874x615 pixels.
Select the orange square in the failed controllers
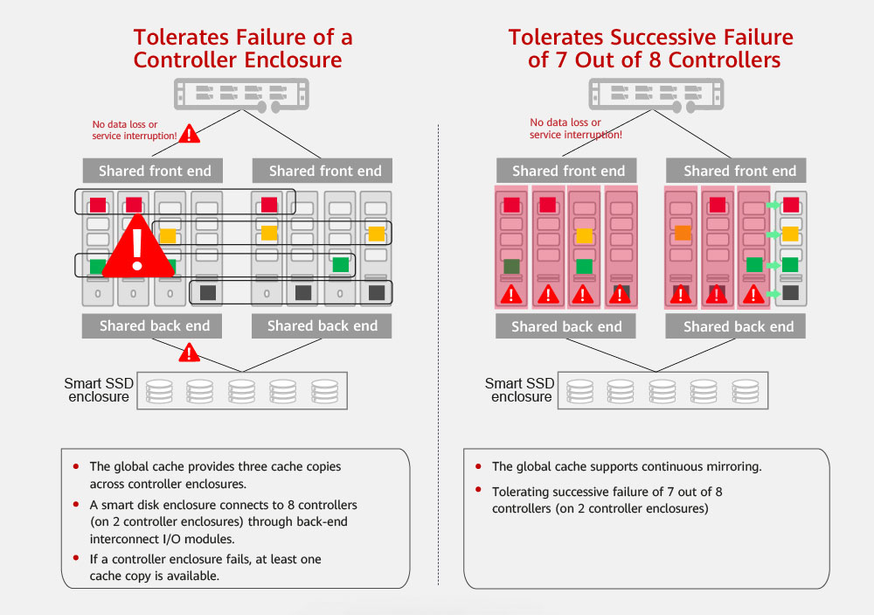coord(683,234)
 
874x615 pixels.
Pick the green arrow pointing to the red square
coord(773,205)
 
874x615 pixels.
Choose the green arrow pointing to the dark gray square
coord(773,293)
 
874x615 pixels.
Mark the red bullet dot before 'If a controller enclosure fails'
coord(76,558)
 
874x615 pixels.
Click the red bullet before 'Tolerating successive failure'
coord(478,490)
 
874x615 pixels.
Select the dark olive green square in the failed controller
coord(511,265)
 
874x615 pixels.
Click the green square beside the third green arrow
coord(790,264)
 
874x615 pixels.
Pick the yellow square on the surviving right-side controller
coord(790,234)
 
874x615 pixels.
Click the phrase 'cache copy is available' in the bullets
coord(149,577)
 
